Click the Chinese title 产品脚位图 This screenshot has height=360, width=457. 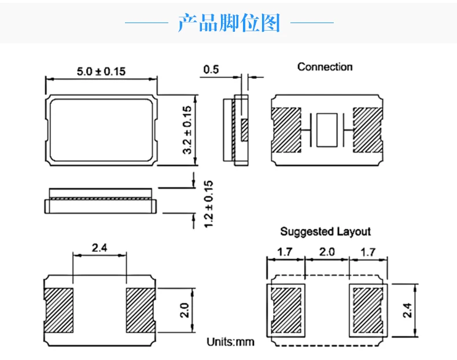(x=229, y=23)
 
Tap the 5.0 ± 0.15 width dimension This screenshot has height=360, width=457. (x=101, y=71)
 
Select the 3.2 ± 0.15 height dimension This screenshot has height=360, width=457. (x=187, y=129)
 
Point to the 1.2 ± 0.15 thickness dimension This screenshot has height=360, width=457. (x=209, y=203)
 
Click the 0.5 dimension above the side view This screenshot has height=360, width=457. (x=211, y=70)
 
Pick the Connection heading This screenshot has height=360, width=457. (x=325, y=67)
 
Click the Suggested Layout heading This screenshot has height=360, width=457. (x=325, y=232)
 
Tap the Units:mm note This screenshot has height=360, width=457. (x=230, y=342)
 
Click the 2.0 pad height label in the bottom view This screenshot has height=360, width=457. (x=185, y=310)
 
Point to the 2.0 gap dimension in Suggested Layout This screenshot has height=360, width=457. (x=327, y=252)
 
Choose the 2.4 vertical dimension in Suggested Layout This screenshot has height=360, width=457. (x=408, y=311)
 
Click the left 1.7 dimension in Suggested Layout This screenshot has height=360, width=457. (x=284, y=252)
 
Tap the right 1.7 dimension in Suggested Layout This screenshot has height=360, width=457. (x=368, y=252)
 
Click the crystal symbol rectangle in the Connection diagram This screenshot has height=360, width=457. (x=327, y=129)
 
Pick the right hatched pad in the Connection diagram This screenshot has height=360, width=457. (x=368, y=129)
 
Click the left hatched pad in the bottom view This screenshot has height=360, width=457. (x=59, y=310)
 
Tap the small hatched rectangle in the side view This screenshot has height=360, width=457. (x=244, y=129)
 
